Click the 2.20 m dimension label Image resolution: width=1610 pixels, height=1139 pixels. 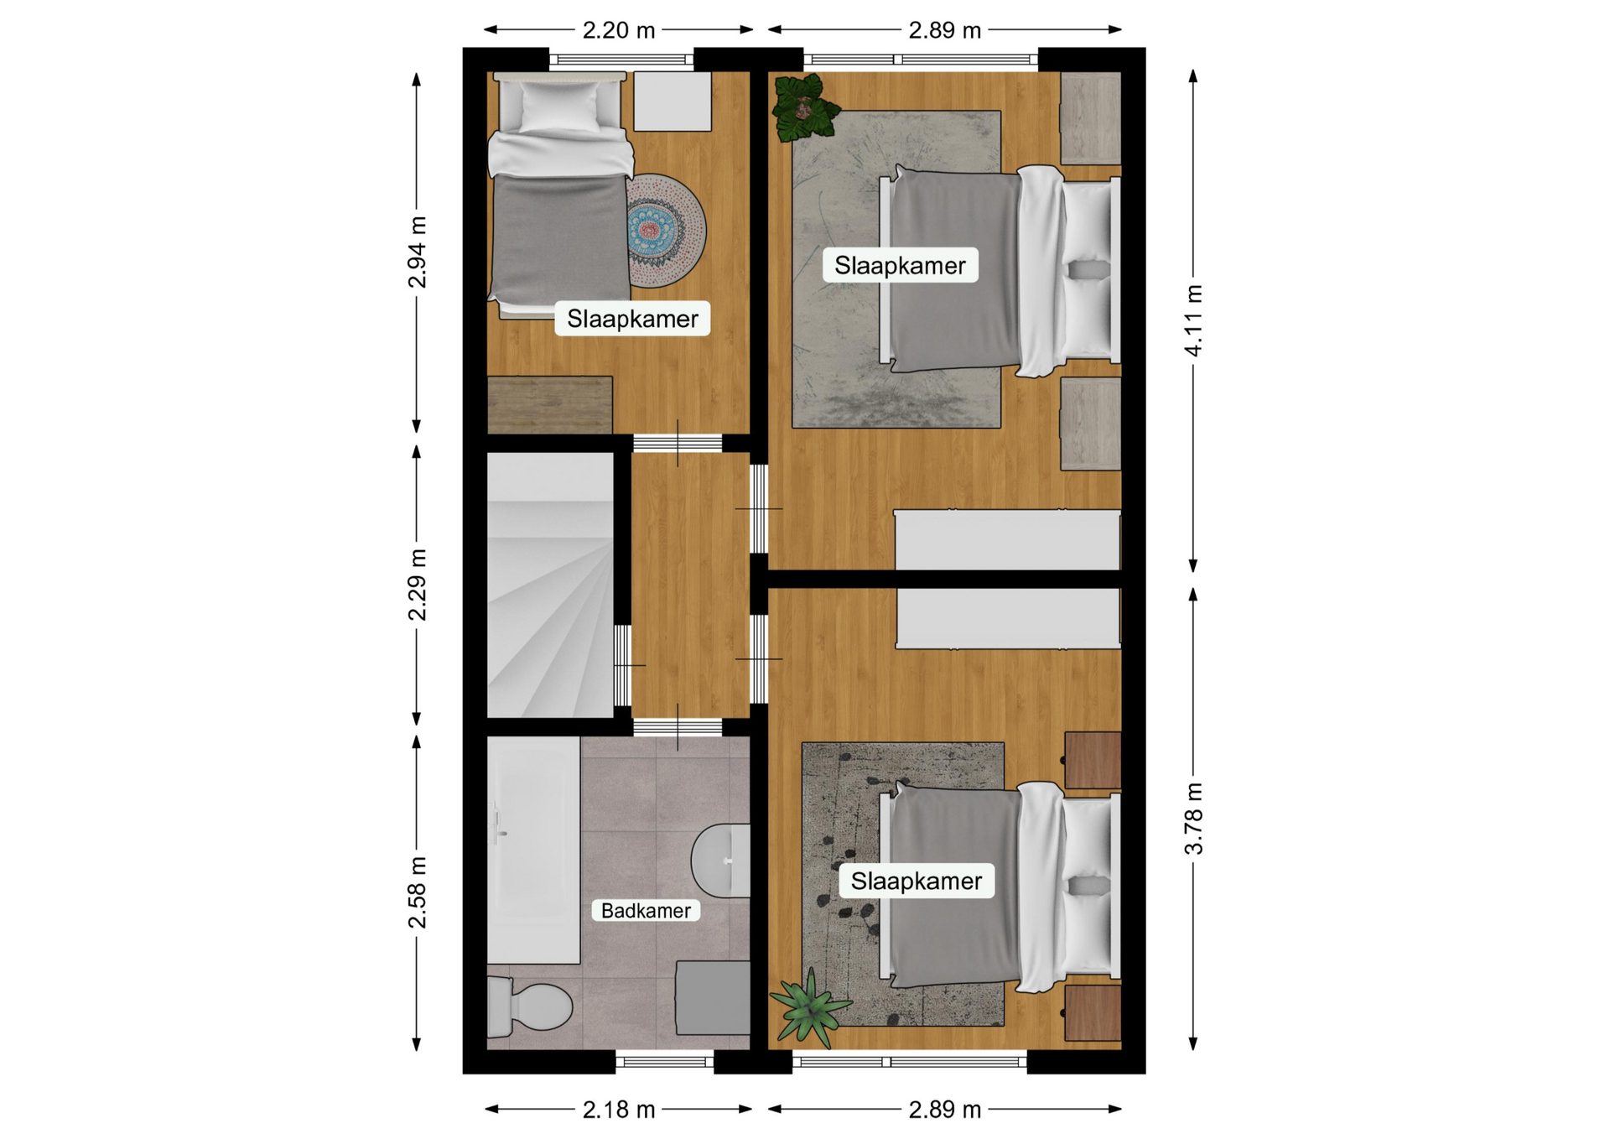click(618, 30)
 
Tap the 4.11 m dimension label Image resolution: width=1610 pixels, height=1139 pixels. click(1193, 320)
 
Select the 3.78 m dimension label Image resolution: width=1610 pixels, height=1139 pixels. click(1193, 819)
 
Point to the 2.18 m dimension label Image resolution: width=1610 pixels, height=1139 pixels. click(618, 1110)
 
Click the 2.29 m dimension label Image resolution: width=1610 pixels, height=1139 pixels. click(417, 585)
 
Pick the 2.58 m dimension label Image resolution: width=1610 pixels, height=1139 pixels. click(417, 892)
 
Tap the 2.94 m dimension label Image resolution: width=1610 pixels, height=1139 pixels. click(417, 252)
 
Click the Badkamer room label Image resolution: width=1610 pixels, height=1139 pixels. click(646, 910)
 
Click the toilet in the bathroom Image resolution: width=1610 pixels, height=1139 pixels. click(528, 1006)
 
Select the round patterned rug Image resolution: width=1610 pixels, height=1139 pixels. click(667, 231)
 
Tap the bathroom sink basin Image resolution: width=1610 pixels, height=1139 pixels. click(720, 861)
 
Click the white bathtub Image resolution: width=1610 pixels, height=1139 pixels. click(533, 850)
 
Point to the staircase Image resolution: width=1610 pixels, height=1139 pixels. click(550, 585)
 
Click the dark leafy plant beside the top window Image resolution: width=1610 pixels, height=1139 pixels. click(804, 107)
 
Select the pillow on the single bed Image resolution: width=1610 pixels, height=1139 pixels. click(560, 107)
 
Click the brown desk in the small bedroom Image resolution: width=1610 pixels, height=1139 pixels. click(549, 405)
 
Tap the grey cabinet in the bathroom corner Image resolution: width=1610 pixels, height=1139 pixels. click(713, 998)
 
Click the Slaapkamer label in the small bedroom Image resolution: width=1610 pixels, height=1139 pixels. click(632, 319)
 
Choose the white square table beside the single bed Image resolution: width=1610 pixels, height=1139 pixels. click(673, 101)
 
